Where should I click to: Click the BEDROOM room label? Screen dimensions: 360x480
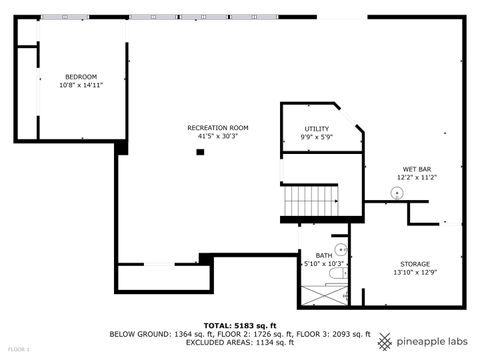coord(80,77)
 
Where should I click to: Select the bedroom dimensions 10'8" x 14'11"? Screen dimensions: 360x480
coord(80,86)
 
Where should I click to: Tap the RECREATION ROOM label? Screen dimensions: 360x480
coord(217,128)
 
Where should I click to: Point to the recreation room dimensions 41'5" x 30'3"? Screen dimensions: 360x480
coord(217,137)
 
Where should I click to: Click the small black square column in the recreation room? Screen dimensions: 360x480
coord(200,152)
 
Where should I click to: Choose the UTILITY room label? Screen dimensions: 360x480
coord(317,129)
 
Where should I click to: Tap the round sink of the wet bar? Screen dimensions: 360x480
coord(397,192)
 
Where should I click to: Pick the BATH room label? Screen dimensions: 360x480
coord(323,255)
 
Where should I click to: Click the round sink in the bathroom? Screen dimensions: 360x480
coord(339,249)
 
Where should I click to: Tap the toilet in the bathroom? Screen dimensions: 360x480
coord(343,271)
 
